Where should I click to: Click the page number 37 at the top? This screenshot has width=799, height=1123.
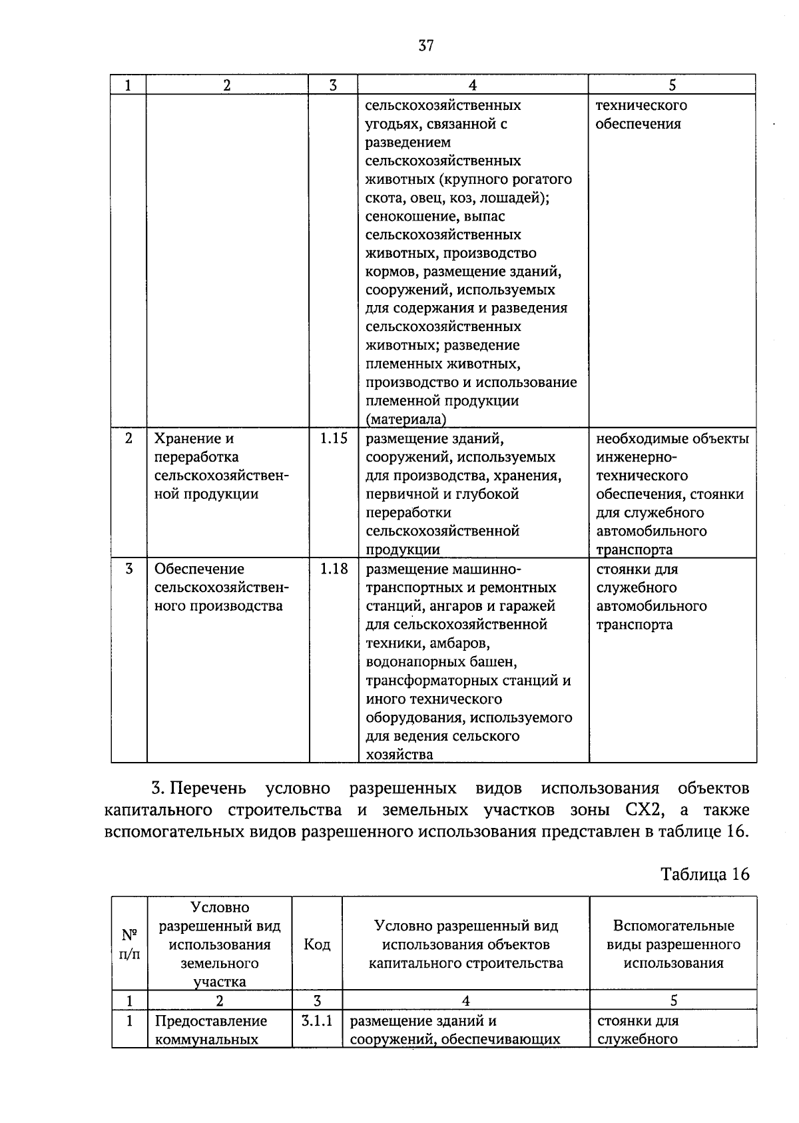[426, 45]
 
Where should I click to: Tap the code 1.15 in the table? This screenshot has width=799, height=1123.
[334, 438]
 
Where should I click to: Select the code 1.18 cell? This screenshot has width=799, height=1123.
[334, 569]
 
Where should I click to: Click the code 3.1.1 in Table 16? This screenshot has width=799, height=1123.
[317, 1020]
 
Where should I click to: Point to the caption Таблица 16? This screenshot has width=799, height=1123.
[704, 874]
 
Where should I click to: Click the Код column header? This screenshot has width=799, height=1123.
[317, 944]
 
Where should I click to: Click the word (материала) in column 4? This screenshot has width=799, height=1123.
[405, 420]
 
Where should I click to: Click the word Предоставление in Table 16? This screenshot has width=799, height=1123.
[210, 1020]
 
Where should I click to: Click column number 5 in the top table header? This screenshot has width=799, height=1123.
[672, 85]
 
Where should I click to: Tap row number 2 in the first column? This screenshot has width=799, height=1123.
[129, 438]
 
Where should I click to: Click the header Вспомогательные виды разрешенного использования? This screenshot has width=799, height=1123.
[673, 944]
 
